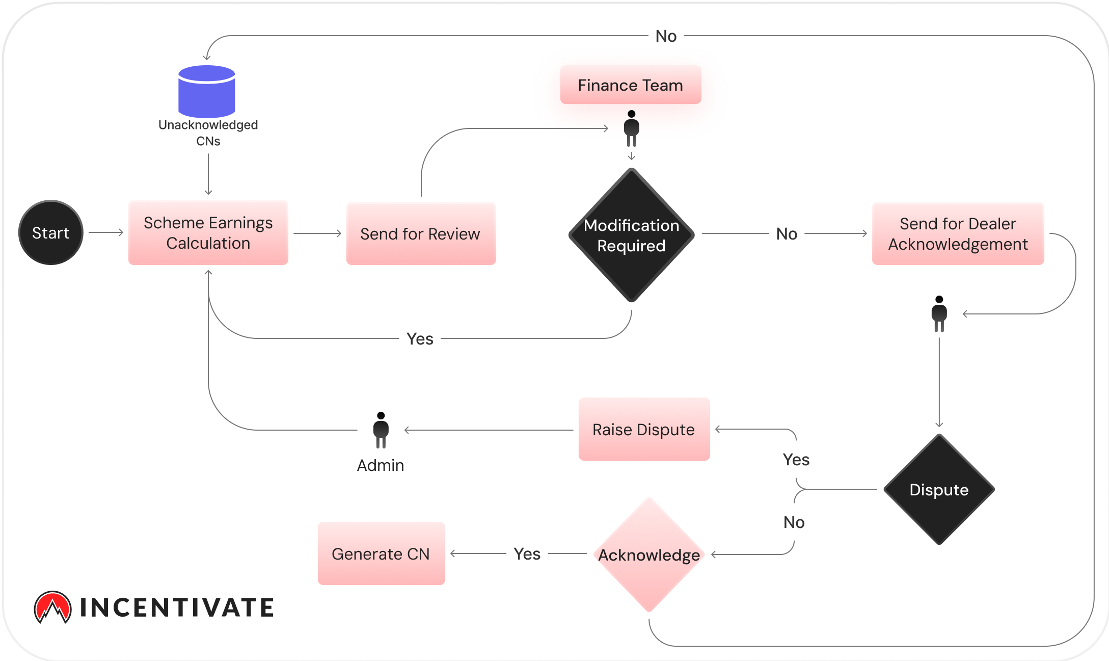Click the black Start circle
(x=51, y=232)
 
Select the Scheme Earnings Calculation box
(x=208, y=233)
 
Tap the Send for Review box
(x=421, y=233)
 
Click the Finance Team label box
(x=631, y=85)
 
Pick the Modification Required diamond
(x=632, y=235)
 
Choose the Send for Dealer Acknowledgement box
(x=958, y=233)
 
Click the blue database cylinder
(x=207, y=91)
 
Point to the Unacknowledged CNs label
(x=208, y=133)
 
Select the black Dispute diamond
(x=939, y=489)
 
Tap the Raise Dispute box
(x=644, y=429)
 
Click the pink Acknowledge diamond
(x=649, y=554)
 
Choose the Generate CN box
(x=381, y=553)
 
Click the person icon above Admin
(x=381, y=430)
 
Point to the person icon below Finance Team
(x=632, y=128)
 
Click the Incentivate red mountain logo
(x=52, y=607)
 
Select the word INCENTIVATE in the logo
(x=177, y=607)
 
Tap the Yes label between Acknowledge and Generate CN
(x=527, y=553)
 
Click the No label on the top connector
(x=666, y=36)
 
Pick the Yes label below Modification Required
(x=420, y=338)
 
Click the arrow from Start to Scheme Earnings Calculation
(x=106, y=232)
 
